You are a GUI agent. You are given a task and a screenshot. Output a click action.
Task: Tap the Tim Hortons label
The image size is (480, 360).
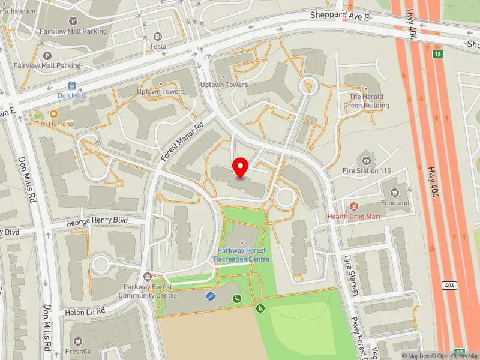(54, 124)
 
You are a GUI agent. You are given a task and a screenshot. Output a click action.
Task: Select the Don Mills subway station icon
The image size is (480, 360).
(73, 86)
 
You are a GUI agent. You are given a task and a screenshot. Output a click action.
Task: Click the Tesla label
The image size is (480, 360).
(158, 46)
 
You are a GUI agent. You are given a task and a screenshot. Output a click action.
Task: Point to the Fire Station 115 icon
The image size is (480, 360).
(366, 160)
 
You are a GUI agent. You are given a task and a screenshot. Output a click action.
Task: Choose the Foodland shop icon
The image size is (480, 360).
(395, 193)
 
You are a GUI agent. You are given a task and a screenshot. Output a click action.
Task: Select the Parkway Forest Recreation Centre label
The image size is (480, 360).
(242, 255)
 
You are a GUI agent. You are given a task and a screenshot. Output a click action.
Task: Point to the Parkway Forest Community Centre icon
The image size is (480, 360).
(148, 277)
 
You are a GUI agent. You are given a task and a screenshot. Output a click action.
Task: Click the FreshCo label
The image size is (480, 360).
(77, 352)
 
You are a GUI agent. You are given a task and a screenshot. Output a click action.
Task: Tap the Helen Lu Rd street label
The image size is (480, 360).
(85, 310)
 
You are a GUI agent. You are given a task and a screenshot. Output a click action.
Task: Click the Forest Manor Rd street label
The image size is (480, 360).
(182, 140)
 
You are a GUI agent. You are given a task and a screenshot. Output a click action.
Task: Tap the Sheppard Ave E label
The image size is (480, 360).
(340, 15)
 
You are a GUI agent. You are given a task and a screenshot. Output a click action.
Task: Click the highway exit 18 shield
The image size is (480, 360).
(437, 54)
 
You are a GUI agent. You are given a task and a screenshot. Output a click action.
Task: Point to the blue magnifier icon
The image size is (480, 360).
(211, 296)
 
